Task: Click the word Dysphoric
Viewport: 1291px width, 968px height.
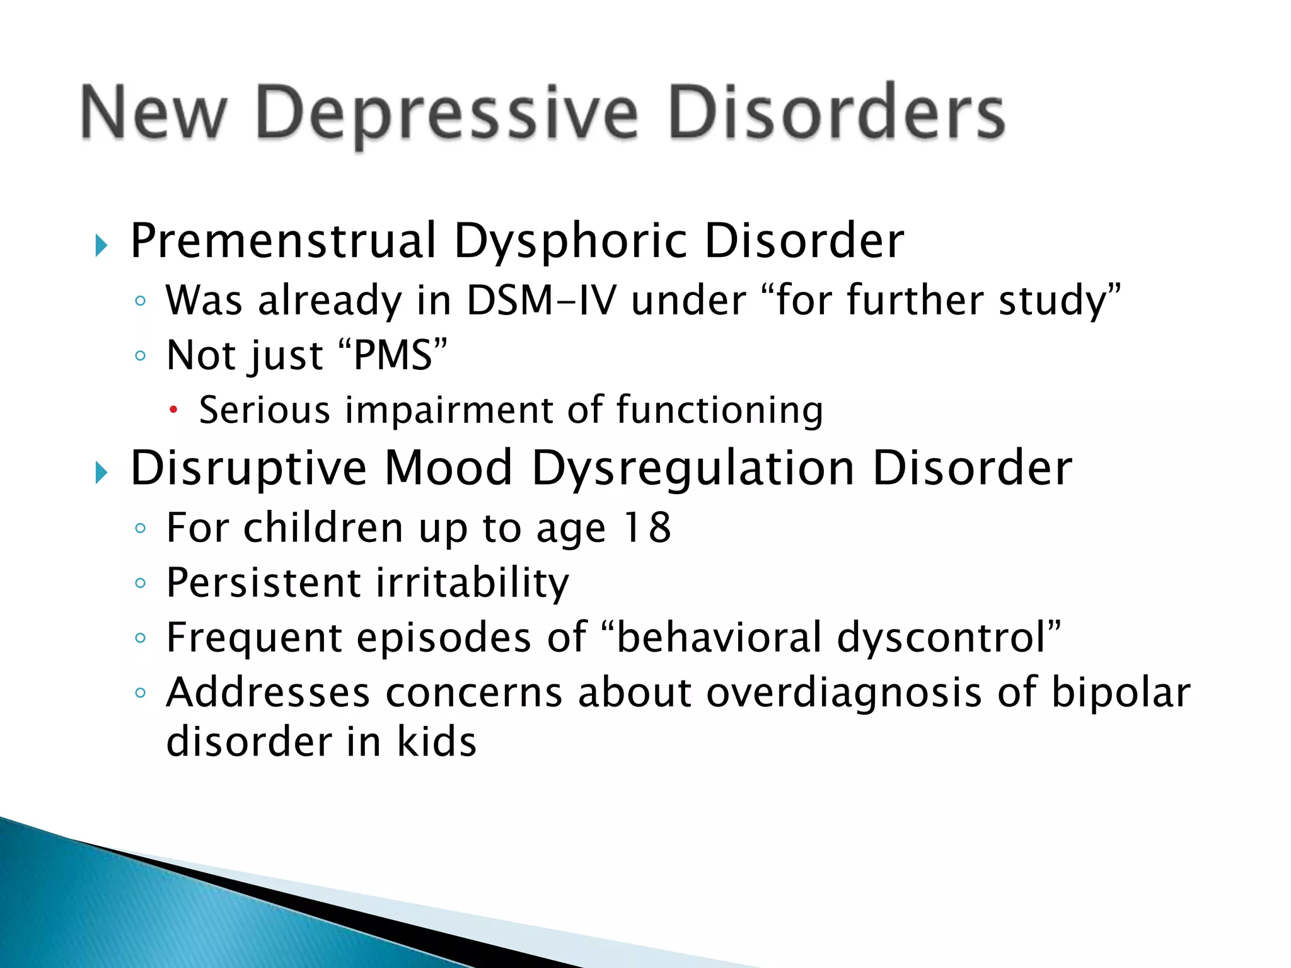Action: pos(570,243)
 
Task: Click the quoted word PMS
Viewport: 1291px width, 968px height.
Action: pos(393,355)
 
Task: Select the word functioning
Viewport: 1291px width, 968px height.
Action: pos(719,411)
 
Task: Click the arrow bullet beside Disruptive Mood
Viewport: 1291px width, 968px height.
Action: pos(101,472)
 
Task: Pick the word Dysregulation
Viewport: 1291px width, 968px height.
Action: pos(693,470)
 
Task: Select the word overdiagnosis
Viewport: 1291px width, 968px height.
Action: pos(843,693)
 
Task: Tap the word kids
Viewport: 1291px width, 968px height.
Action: pos(436,742)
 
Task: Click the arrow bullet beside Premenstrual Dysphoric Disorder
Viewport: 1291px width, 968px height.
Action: pos(101,245)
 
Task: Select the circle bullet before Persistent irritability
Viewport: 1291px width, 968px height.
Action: pos(141,583)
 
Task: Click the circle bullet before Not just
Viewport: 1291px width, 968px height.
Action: pos(141,356)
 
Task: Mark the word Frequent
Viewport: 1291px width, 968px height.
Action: pos(254,638)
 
